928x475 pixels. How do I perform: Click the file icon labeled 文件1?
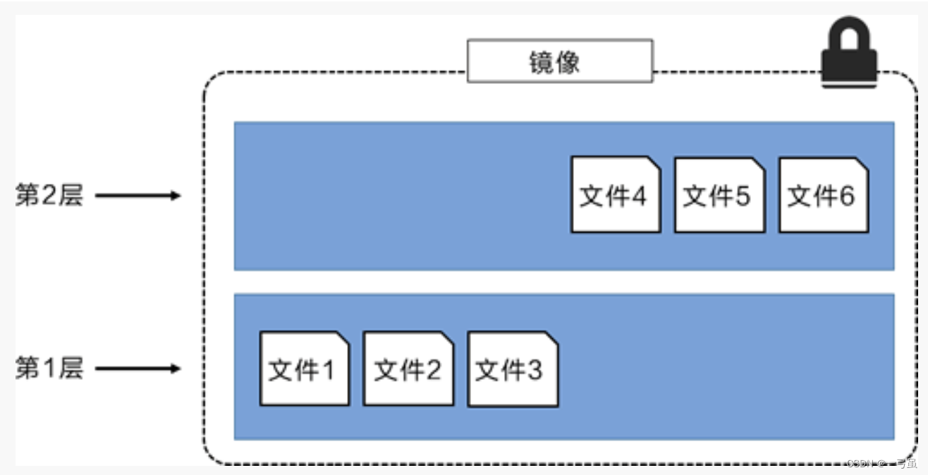coord(305,369)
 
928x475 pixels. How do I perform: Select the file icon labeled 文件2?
coord(408,369)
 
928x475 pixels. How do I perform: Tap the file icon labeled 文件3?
coord(513,369)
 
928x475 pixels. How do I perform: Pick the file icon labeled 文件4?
coord(616,195)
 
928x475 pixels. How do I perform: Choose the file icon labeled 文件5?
coord(719,195)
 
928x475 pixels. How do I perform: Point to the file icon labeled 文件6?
coord(824,195)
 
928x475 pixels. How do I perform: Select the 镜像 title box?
coord(560,61)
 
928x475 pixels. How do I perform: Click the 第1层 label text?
coord(49,369)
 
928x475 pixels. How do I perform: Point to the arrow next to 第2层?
coord(138,196)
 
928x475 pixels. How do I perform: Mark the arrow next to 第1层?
coord(138,369)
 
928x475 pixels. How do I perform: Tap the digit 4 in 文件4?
coord(638,196)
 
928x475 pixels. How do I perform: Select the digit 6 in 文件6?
coord(846,196)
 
